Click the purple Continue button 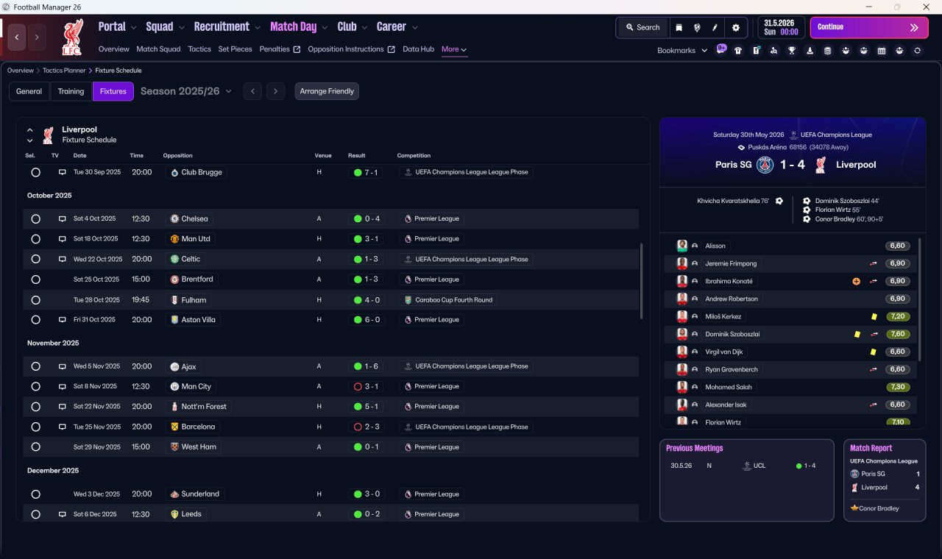click(869, 27)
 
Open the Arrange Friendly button click(327, 91)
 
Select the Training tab click(71, 91)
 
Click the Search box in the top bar click(643, 27)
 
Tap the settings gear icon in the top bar click(735, 28)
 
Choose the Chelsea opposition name click(194, 218)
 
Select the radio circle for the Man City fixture click(36, 387)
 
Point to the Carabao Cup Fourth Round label click(454, 299)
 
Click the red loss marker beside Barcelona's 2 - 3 click(358, 427)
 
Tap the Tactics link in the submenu click(199, 49)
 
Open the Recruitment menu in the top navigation click(222, 27)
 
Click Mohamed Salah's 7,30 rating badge click(897, 387)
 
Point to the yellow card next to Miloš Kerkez click(874, 316)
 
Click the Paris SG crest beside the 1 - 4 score click(765, 165)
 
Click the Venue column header click(323, 155)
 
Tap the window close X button click(926, 7)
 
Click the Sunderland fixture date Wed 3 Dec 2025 click(96, 494)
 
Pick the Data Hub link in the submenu click(419, 49)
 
